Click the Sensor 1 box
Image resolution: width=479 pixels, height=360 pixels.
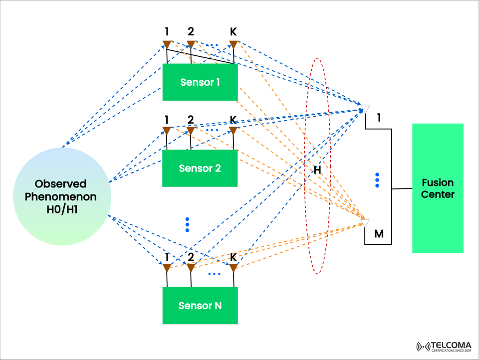coord(200,82)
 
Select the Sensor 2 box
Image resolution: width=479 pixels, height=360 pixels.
coord(200,168)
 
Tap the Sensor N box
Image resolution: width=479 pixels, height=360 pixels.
coord(200,305)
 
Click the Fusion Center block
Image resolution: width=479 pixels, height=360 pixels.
coord(438,188)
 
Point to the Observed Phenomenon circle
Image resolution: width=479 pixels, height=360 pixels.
coord(61,196)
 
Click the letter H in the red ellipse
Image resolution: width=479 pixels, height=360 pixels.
coord(317,171)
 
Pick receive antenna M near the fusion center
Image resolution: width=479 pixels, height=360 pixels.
coord(365,223)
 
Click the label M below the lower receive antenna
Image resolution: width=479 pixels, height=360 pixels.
coord(379,233)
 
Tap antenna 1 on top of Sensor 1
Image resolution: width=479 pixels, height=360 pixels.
coord(167,45)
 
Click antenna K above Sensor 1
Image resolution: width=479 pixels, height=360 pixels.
coord(233,45)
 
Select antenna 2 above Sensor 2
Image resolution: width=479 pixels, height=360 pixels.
coord(190,131)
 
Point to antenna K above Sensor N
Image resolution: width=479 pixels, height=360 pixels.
coord(233,268)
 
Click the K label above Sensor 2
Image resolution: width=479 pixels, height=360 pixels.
coord(233,120)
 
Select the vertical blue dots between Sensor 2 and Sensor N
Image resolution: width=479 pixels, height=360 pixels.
coord(187,224)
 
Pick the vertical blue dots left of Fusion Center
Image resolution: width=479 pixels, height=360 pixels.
coord(377,180)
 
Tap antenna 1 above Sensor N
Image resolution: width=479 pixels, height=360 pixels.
coord(167,268)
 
